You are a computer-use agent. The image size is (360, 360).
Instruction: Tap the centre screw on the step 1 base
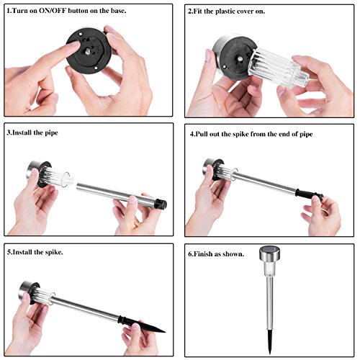[88, 50]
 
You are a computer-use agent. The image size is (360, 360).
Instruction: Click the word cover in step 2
[246, 12]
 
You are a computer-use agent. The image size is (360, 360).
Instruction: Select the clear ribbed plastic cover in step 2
[279, 68]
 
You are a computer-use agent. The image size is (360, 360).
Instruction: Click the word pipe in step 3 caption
[51, 133]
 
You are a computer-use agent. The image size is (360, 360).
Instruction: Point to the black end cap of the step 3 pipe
[161, 204]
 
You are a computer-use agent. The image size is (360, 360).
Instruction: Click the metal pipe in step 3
[116, 194]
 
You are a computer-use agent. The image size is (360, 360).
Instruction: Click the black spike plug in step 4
[308, 194]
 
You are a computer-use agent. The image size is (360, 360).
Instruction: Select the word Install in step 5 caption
[22, 252]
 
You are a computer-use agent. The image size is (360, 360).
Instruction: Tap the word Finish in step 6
[203, 253]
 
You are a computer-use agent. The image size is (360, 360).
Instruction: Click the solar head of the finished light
[269, 255]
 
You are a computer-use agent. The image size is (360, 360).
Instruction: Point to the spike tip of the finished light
[270, 354]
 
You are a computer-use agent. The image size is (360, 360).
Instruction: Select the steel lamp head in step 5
[26, 291]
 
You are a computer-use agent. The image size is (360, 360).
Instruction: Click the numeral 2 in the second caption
[189, 12]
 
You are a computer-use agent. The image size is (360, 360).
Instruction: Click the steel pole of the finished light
[270, 303]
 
